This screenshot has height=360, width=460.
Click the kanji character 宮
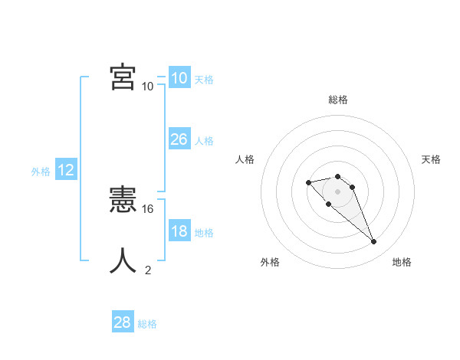pos(123,77)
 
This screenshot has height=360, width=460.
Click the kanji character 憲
pos(123,200)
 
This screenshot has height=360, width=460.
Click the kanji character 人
pos(123,260)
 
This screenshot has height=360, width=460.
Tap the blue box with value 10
pos(179,77)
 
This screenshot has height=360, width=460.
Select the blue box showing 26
pos(179,139)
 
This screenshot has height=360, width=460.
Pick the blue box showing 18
pos(179,231)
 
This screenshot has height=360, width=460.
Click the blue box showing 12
pos(65,170)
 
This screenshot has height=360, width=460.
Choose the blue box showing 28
pos(122,322)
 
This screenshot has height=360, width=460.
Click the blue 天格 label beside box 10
pos(204,80)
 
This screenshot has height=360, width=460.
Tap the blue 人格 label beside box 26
pos(204,141)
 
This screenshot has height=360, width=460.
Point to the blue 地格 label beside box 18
pos(204,233)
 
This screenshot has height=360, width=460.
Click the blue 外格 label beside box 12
pos(41,172)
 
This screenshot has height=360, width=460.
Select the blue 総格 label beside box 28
pos(147,325)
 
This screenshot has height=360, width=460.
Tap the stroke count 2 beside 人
pos(148,270)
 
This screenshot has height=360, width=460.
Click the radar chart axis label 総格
pos(337,100)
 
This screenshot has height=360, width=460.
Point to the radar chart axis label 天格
pos(431,159)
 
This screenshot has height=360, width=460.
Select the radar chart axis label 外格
pos(270,262)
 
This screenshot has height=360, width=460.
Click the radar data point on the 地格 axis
pos(373,242)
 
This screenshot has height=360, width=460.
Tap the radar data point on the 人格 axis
pos(308,182)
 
